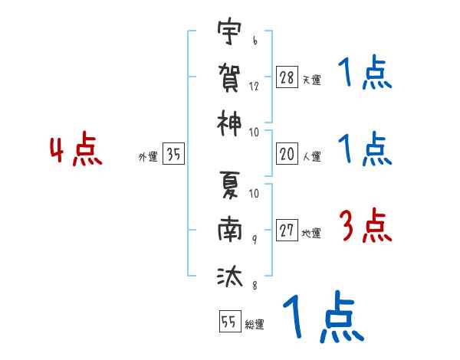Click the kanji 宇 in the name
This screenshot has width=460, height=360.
coord(229,31)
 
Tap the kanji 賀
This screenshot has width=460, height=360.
coord(229,77)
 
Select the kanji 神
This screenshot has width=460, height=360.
coord(229,123)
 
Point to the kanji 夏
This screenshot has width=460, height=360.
coord(230,185)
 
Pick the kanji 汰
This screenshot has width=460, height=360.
coord(230,276)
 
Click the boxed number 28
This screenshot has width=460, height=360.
coord(287,77)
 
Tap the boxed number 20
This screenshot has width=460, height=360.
coord(287,153)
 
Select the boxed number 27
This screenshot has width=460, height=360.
coord(287,230)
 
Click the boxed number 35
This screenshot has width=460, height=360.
coord(173,153)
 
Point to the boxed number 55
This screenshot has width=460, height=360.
coord(230,321)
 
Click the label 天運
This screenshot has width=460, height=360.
coord(312,80)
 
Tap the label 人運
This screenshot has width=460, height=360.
coord(312,156)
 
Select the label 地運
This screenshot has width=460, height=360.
coord(311,233)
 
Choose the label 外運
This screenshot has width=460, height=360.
coord(148,156)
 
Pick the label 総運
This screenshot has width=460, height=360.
coord(255,325)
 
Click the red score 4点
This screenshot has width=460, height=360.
coord(75,149)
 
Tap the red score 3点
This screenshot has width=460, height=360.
coord(366,226)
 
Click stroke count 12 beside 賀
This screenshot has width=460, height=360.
coord(254,87)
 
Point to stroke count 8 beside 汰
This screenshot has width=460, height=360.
coord(255,285)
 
